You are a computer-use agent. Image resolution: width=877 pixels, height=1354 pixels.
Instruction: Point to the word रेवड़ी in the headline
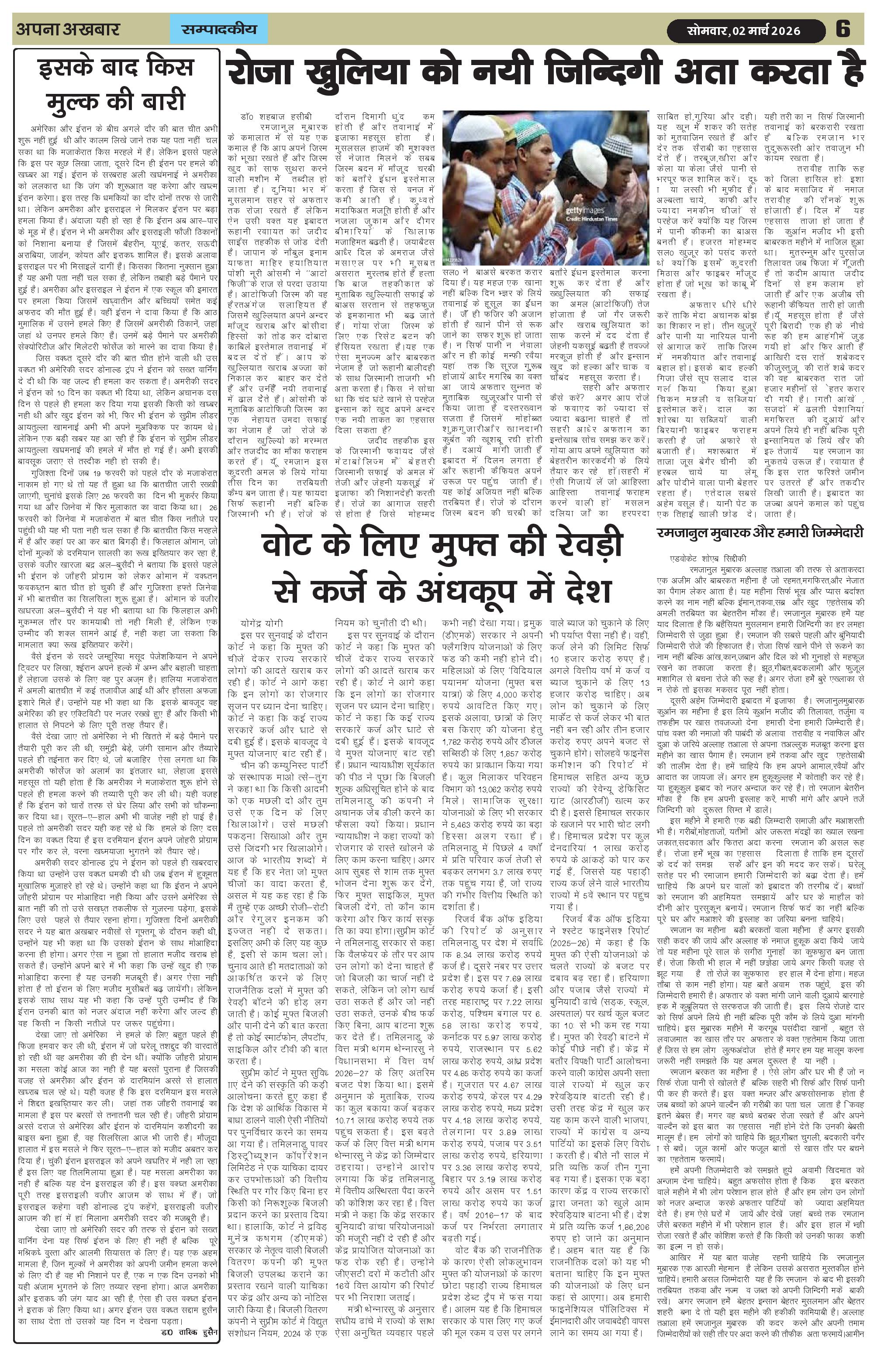tap(578, 545)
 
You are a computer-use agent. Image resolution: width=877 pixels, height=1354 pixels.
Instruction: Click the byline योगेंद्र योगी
tap(262, 624)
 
